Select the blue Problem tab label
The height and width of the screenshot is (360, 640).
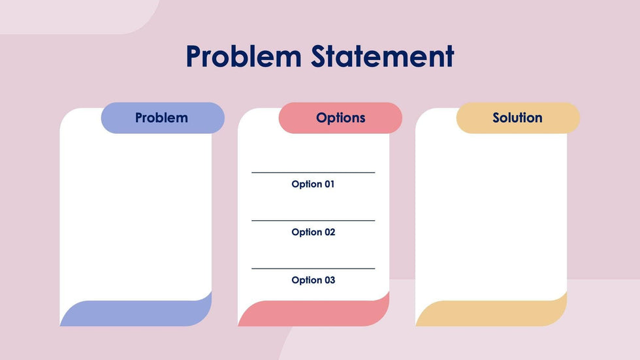[x=162, y=118]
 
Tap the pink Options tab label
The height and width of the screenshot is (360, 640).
[x=340, y=118]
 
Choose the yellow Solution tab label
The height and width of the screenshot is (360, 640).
[x=517, y=118]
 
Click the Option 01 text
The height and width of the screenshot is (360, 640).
[x=313, y=184]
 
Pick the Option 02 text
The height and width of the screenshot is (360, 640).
[x=313, y=232]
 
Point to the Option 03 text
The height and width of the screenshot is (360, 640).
[x=313, y=280]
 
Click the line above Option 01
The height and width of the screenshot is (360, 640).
[x=313, y=172]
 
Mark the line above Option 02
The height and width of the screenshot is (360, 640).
[x=313, y=221]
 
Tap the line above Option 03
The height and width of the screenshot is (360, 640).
[x=313, y=269]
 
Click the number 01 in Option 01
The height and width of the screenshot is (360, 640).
[x=328, y=184]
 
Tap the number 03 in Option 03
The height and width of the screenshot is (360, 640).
[x=328, y=280]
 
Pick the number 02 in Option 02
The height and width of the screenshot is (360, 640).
[x=328, y=232]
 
